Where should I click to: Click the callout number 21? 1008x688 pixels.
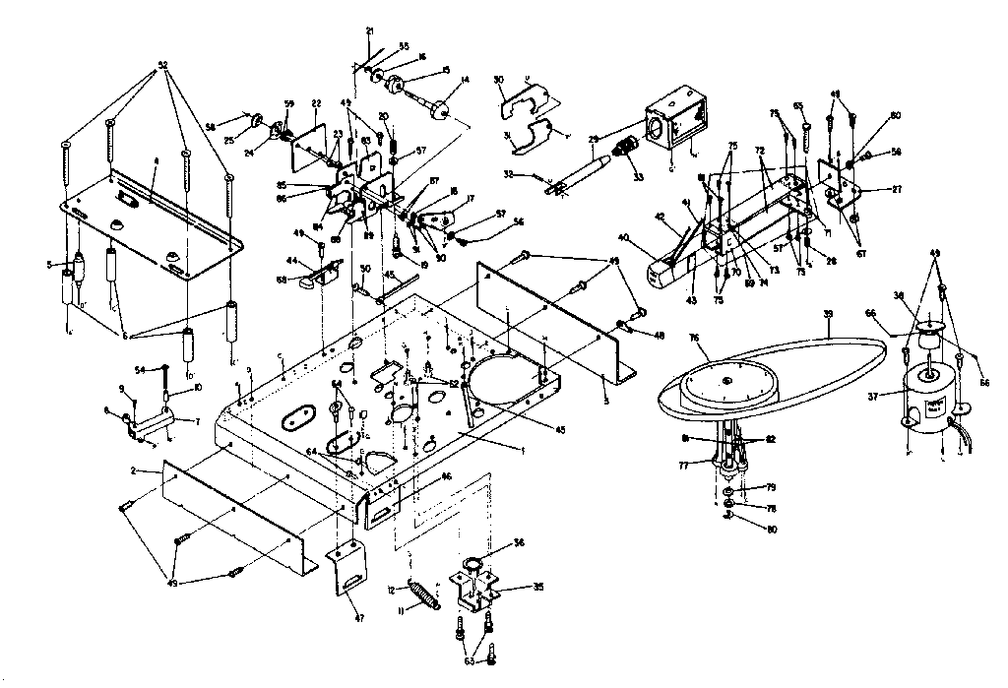tap(370, 31)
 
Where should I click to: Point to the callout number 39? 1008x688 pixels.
tap(828, 313)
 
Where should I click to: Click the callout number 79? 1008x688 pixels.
tap(745, 488)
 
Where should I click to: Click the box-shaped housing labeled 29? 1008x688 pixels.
tap(676, 127)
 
